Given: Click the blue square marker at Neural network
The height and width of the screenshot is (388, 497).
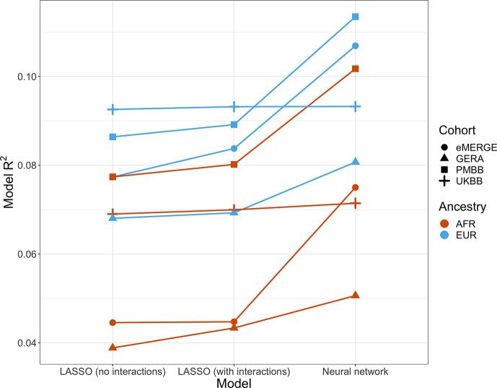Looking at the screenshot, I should click(x=355, y=17).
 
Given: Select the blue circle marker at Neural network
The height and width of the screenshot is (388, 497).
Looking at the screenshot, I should click(x=355, y=46).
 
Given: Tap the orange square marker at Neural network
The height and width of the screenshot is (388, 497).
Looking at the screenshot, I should click(x=355, y=69).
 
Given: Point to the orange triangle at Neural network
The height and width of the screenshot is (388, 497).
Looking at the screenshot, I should click(x=355, y=296).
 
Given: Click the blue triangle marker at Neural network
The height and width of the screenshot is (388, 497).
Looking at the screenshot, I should click(x=355, y=162).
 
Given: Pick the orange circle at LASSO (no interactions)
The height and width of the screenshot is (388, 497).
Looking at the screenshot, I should click(x=113, y=322).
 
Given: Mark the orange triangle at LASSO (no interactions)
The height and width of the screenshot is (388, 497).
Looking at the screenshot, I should click(x=113, y=348).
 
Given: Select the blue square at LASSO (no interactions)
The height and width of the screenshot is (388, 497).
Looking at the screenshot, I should click(x=113, y=137).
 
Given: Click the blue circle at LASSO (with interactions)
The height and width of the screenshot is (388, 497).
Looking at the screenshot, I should click(x=234, y=149).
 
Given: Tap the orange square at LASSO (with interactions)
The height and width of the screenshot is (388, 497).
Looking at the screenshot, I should click(x=234, y=164).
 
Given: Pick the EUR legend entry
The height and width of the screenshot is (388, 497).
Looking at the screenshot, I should click(x=462, y=235).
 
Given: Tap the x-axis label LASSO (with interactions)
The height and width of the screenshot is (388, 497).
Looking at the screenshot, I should click(x=234, y=371).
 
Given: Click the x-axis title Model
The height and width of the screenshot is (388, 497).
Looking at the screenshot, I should click(x=234, y=383).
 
